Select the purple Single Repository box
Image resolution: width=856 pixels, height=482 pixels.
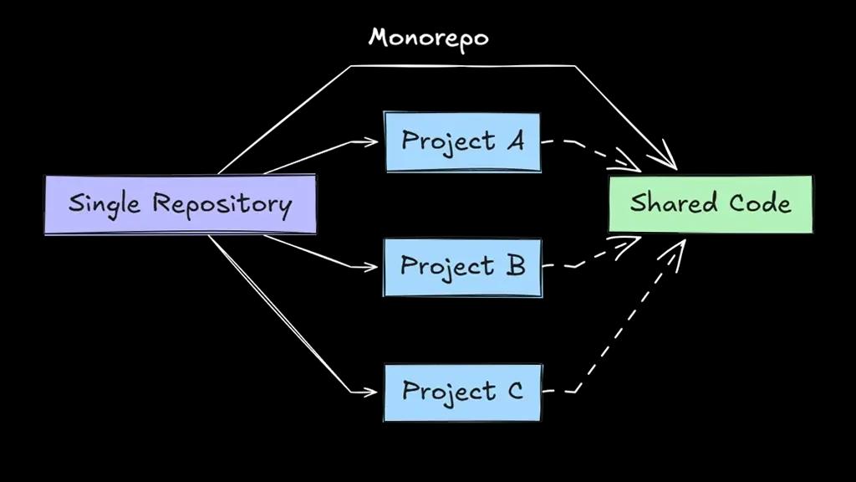(180, 204)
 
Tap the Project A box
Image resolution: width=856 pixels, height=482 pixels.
(462, 141)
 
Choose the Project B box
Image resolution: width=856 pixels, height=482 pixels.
(462, 267)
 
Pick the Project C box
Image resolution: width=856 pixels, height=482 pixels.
(462, 392)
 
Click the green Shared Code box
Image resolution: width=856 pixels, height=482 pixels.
(710, 203)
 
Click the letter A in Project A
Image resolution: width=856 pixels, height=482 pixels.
(515, 141)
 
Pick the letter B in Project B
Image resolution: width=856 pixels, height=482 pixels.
(515, 266)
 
